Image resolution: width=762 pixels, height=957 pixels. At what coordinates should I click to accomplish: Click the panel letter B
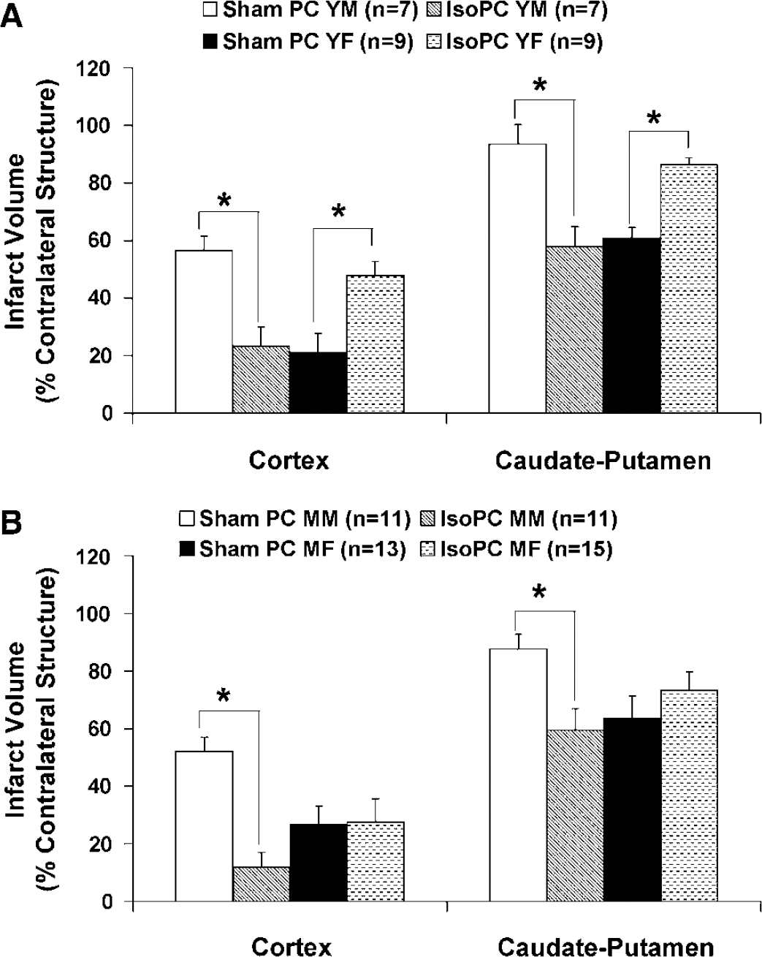[12, 523]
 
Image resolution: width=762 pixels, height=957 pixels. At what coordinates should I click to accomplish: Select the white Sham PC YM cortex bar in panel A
[204, 332]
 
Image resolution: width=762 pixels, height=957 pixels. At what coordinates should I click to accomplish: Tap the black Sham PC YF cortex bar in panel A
[319, 382]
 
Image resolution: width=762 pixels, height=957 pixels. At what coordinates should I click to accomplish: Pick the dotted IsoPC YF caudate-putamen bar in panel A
[689, 289]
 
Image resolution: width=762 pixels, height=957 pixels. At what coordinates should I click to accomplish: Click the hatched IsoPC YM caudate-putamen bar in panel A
[574, 330]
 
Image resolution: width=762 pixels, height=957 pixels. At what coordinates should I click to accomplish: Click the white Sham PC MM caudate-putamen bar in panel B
[518, 775]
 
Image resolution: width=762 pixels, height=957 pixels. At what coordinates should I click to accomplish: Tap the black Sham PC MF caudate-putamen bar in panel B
[632, 809]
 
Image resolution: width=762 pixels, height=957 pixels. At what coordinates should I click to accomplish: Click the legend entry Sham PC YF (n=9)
[308, 42]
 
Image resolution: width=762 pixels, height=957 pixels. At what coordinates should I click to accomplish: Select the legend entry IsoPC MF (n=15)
[517, 549]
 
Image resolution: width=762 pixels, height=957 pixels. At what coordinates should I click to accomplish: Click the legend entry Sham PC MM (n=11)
[294, 518]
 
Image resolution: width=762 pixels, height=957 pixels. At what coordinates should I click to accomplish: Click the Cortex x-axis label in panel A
[289, 461]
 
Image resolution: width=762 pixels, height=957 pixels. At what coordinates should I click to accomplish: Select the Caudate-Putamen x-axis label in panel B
[606, 947]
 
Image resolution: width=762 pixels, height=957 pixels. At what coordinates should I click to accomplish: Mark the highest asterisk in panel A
[539, 84]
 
